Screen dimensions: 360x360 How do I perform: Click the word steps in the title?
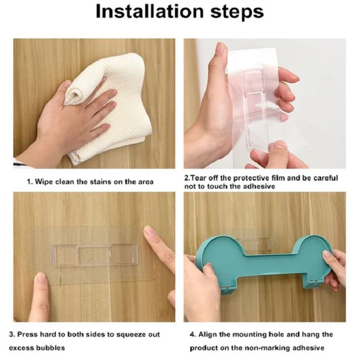click(x=237, y=12)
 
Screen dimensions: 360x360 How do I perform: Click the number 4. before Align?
click(x=193, y=334)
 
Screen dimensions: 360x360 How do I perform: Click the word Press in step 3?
click(x=28, y=334)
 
